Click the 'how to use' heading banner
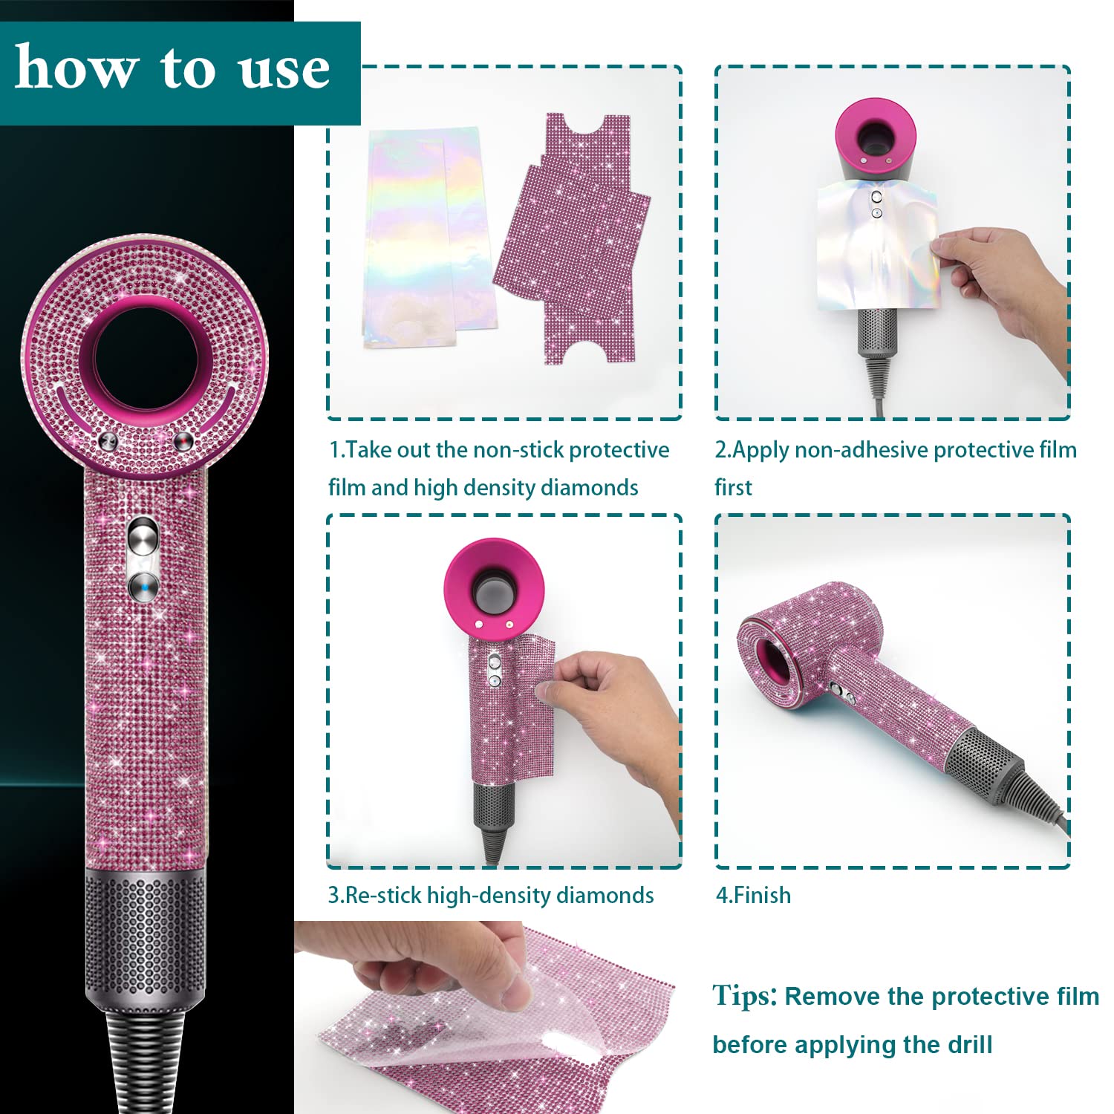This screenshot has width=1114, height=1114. (180, 73)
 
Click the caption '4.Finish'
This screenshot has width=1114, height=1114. (753, 895)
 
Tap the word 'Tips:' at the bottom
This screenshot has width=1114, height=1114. (745, 995)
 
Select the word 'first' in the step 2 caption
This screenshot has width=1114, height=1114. (733, 487)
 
